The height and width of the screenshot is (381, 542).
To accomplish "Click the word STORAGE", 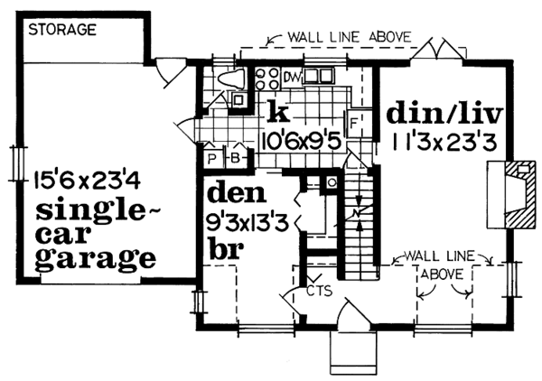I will pos(62,30).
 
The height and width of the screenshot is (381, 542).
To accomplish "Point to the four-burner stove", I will pos(267,79).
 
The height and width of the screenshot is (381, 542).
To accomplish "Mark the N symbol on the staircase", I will pos(358,214).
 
